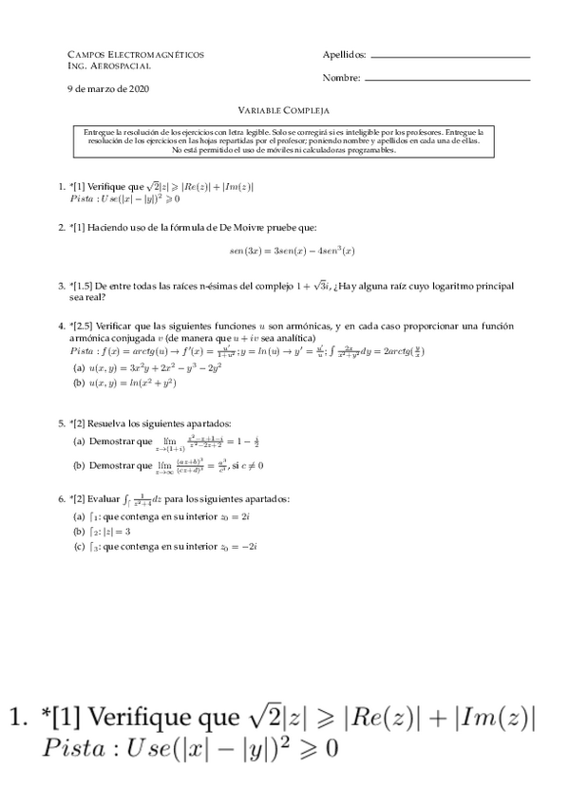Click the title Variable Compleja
(x=283, y=110)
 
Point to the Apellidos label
(x=343, y=56)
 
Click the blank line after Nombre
(x=446, y=79)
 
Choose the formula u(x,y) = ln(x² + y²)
(x=133, y=383)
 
